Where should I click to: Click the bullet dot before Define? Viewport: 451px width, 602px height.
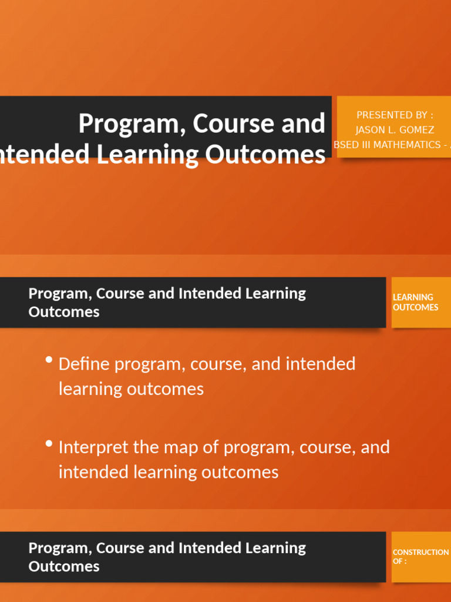[49, 360]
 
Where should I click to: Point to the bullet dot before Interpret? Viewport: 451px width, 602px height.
[49, 443]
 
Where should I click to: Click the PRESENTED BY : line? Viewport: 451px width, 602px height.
[395, 115]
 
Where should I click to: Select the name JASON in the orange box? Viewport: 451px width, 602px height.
[371, 130]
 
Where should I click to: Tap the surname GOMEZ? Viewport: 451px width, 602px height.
[417, 130]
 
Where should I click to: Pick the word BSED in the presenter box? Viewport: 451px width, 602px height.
[346, 145]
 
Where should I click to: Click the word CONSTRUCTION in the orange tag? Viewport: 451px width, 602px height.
[420, 553]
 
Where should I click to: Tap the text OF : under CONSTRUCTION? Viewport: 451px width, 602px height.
[399, 561]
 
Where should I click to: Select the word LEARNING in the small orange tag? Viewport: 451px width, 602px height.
[413, 297]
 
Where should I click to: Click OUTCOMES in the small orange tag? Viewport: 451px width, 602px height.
[415, 307]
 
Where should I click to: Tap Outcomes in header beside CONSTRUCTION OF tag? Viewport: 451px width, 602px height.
[63, 567]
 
